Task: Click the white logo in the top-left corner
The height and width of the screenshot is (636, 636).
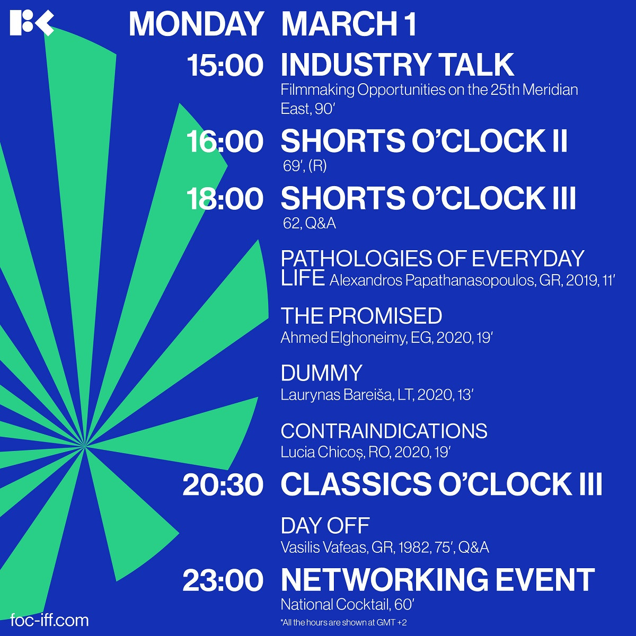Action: click(32, 23)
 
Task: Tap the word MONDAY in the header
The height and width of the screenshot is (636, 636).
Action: click(196, 24)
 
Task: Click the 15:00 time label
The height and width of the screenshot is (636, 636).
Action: click(225, 65)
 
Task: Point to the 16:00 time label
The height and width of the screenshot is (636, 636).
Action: click(225, 142)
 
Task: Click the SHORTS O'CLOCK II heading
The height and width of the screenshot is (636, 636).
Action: click(424, 141)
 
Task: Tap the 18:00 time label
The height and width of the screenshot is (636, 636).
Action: click(225, 199)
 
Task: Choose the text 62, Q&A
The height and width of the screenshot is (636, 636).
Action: click(309, 224)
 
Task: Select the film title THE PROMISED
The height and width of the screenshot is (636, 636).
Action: click(361, 316)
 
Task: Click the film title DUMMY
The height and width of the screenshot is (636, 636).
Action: click(322, 373)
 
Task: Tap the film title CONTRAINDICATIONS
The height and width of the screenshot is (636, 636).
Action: click(384, 431)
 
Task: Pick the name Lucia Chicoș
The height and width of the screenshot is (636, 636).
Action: click(323, 452)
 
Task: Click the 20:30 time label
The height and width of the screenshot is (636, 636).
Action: click(223, 485)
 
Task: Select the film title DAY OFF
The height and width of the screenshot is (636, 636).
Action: click(325, 526)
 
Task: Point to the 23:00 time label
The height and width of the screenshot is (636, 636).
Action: click(223, 580)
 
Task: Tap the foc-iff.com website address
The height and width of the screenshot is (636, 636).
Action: click(49, 620)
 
